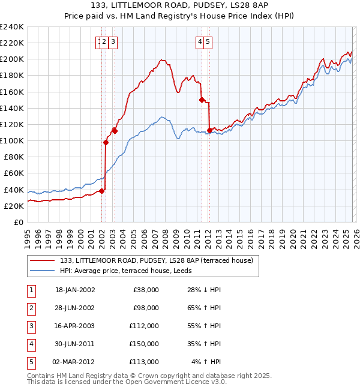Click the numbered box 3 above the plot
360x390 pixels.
(x=113, y=41)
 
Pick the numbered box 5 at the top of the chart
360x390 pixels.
(x=207, y=41)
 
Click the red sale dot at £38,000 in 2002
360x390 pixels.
(x=102, y=191)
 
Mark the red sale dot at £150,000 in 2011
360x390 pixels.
(x=202, y=100)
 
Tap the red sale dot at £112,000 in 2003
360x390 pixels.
(x=115, y=130)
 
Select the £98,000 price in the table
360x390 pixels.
(x=146, y=308)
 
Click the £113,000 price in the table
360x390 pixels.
(x=145, y=362)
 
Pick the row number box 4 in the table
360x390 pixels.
(x=31, y=344)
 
